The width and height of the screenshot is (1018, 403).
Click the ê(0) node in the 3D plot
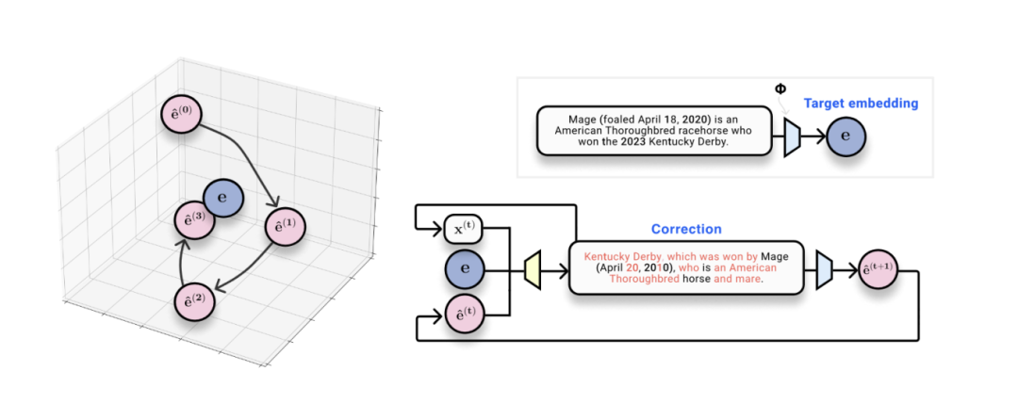[181, 115]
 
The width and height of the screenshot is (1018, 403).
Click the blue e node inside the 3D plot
[223, 197]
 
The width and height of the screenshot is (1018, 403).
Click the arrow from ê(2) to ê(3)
[183, 258]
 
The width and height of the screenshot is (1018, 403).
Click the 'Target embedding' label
[861, 103]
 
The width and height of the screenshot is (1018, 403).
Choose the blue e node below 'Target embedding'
[846, 137]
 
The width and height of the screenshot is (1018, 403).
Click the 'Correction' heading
[686, 229]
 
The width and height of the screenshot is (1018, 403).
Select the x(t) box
[462, 227]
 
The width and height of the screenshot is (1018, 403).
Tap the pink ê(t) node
[463, 314]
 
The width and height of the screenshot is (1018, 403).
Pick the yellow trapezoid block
[533, 271]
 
